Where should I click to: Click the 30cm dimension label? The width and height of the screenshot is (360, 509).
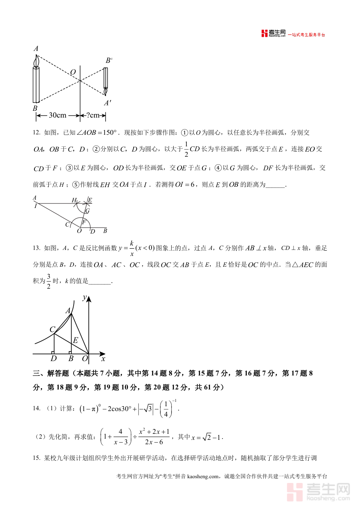(58, 116)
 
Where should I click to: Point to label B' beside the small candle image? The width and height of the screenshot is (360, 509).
(109, 60)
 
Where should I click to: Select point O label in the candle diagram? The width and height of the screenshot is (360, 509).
(73, 72)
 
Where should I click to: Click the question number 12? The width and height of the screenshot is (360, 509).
(36, 133)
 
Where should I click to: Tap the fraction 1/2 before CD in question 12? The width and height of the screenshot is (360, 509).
(186, 149)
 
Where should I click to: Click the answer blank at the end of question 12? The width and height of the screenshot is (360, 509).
(276, 185)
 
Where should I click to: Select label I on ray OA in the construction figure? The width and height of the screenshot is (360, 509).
(36, 206)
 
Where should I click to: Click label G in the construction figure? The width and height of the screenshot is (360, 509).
(88, 211)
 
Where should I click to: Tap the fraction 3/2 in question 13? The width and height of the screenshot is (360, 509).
(48, 281)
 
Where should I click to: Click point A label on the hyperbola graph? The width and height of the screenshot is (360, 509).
(68, 310)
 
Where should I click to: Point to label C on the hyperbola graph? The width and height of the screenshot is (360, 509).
(52, 329)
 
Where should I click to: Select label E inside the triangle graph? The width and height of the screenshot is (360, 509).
(75, 340)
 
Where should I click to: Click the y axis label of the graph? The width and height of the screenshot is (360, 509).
(84, 297)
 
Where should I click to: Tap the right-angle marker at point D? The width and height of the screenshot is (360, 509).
(53, 352)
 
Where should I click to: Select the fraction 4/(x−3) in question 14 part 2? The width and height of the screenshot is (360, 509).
(120, 437)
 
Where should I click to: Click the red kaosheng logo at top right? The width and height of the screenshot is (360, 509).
(264, 34)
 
